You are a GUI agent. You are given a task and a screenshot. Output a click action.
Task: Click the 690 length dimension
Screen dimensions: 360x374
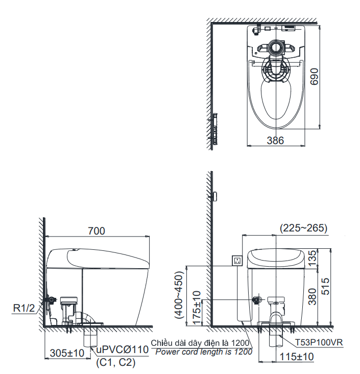[314, 76]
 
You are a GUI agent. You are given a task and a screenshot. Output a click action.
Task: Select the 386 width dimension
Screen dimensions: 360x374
[275, 141]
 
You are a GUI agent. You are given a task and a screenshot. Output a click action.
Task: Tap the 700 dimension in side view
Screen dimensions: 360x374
[97, 231]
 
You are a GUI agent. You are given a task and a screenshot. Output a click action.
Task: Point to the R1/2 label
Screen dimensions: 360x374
[24, 308]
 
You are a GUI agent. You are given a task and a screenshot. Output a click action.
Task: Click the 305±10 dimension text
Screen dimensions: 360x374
[67, 353]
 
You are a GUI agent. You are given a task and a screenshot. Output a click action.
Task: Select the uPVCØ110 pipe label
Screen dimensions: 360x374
[123, 349]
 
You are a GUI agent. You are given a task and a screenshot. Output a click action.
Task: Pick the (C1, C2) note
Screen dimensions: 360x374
[116, 363]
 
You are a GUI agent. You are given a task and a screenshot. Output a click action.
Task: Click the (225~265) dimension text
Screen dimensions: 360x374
[303, 228]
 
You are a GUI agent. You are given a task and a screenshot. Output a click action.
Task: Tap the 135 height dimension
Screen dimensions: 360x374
[313, 259]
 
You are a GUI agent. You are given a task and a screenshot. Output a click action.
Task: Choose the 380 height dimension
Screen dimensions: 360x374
[313, 297]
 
